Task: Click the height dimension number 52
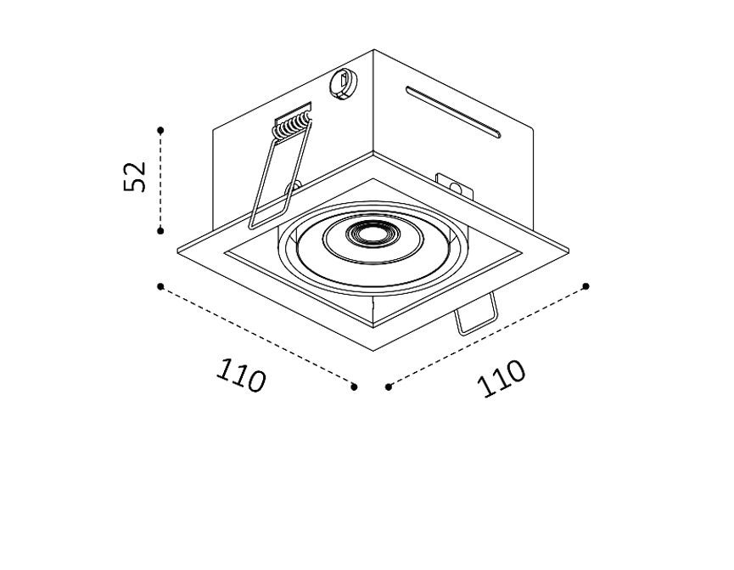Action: click(x=136, y=176)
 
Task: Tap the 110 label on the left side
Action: click(x=242, y=375)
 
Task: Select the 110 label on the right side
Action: click(x=502, y=378)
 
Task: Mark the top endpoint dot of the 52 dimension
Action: click(x=160, y=129)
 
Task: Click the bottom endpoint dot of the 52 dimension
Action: click(x=160, y=229)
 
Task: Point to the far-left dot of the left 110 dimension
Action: click(x=160, y=286)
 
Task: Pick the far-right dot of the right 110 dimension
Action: click(x=587, y=286)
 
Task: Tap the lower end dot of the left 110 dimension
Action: click(x=354, y=387)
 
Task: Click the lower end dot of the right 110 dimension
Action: click(x=388, y=387)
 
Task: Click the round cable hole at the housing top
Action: click(x=342, y=83)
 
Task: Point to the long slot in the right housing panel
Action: click(x=453, y=110)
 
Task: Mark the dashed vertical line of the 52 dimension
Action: click(x=160, y=179)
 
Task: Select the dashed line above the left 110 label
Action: click(x=257, y=336)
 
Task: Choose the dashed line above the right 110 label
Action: click(x=488, y=336)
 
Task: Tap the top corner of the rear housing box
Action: click(x=373, y=51)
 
